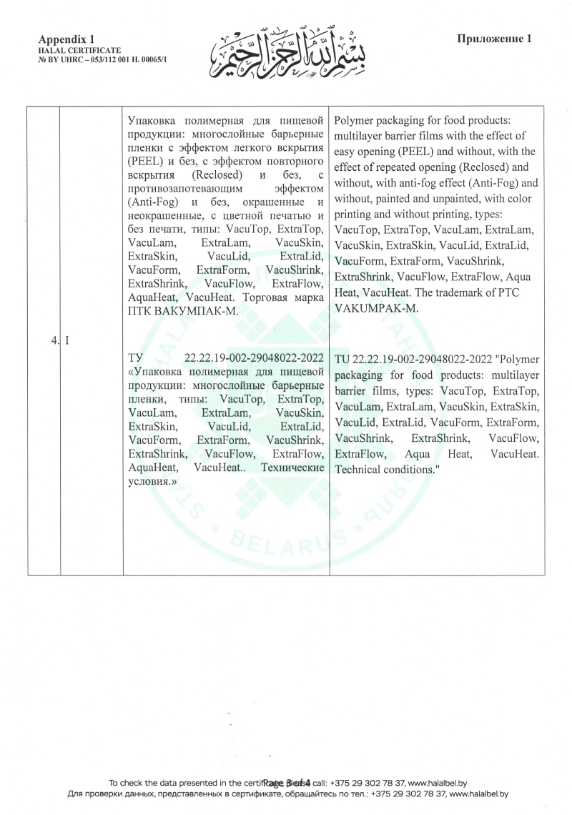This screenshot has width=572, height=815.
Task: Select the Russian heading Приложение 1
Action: tap(493, 39)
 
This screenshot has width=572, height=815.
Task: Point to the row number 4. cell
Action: tap(55, 340)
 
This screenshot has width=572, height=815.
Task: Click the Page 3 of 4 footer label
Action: tap(286, 782)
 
